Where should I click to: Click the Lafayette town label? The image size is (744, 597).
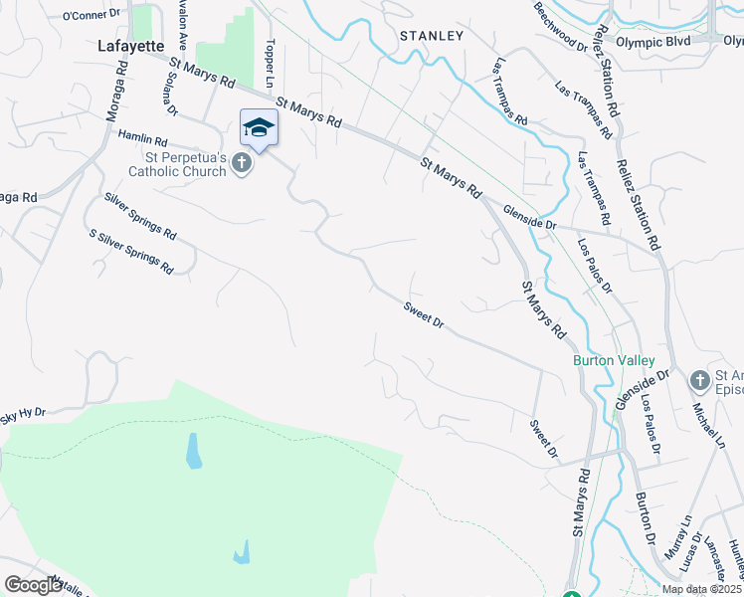(x=131, y=45)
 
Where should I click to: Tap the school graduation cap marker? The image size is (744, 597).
(x=259, y=127)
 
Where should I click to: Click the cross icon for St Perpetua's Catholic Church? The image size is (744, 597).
(x=242, y=163)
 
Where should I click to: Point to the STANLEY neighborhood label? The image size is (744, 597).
(x=432, y=36)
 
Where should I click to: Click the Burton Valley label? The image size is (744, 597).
(x=613, y=360)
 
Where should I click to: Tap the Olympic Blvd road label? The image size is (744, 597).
(x=652, y=42)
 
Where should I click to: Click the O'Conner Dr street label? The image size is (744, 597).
(x=91, y=16)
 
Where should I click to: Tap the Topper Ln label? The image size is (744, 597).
(x=270, y=62)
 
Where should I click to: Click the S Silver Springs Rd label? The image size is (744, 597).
(x=131, y=253)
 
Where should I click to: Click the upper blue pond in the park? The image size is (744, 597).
(x=192, y=451)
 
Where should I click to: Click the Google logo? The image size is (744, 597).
(x=33, y=585)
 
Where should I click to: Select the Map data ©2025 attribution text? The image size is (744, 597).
(x=701, y=589)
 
